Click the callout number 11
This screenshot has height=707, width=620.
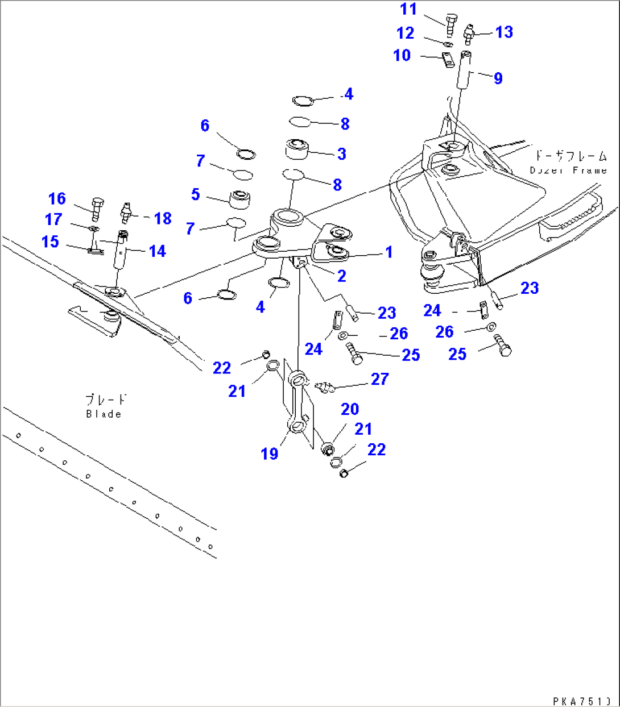[x=408, y=10]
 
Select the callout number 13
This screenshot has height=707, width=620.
[x=504, y=32]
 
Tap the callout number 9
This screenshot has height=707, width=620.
[x=498, y=78]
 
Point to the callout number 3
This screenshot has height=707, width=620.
[x=341, y=154]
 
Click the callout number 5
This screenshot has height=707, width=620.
[x=196, y=194]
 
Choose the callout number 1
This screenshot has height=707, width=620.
[x=389, y=252]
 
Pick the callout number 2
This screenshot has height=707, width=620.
[x=341, y=276]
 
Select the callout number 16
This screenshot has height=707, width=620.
[x=57, y=199]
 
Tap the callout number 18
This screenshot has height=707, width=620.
[x=163, y=218]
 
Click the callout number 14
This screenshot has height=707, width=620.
[x=157, y=251]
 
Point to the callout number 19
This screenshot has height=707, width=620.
[x=270, y=454]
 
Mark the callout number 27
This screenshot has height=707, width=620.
[x=379, y=379]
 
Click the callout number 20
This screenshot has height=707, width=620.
[x=350, y=409]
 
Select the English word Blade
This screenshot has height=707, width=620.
[x=104, y=414]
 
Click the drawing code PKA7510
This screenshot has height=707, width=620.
[x=582, y=701]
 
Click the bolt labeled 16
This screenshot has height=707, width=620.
[x=97, y=207]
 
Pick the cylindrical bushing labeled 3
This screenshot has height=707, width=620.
[x=296, y=149]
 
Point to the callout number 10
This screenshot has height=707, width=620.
[x=402, y=56]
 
